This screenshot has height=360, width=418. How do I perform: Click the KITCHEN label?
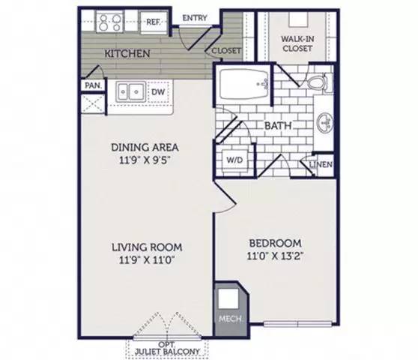tap(128, 54)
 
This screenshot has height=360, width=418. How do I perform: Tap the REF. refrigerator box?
tap(153, 22)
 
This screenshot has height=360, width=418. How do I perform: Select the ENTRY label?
tap(194, 19)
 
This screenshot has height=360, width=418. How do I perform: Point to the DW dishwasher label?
tap(157, 91)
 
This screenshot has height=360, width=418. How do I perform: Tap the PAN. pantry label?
tap(91, 85)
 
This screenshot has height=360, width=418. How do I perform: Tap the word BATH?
tap(276, 127)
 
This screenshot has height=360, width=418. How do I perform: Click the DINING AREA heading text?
tap(145, 147)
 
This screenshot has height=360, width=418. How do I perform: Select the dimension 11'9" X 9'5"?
tap(145, 160)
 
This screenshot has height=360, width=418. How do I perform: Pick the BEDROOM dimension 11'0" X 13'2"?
tap(274, 256)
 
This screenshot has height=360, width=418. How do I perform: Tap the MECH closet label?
tap(228, 319)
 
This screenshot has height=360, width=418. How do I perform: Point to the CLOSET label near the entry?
tap(225, 51)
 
